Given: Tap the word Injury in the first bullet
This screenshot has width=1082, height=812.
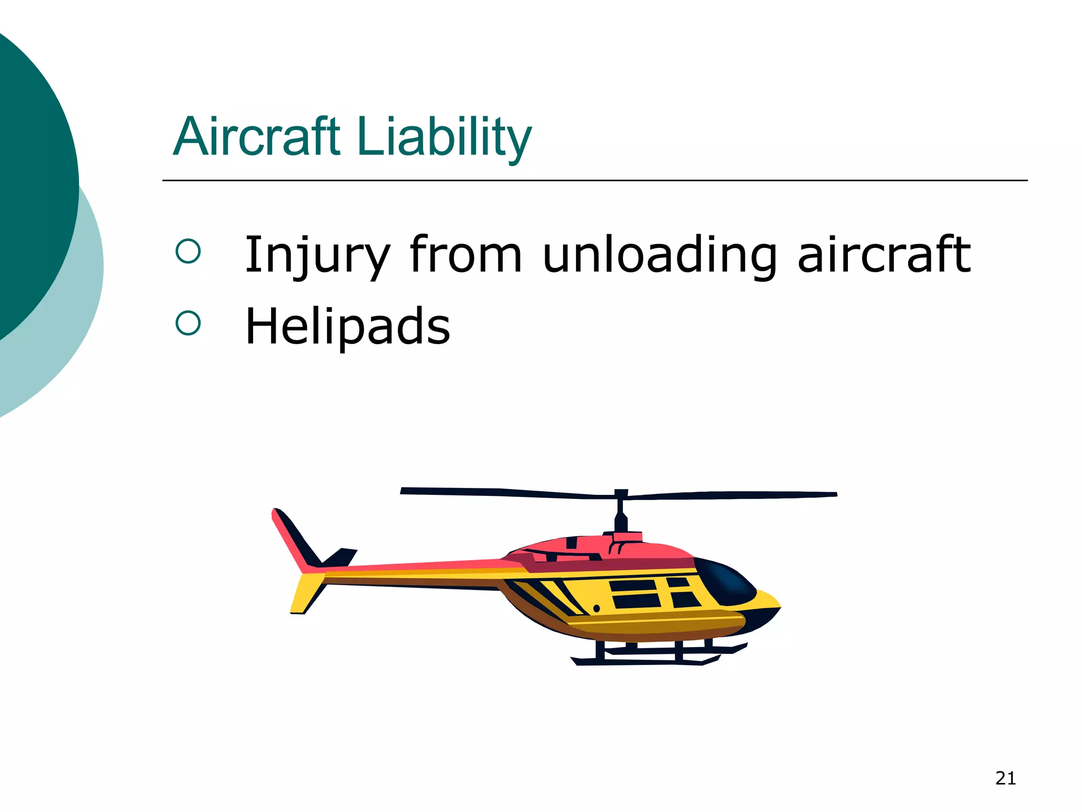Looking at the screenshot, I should [x=317, y=255].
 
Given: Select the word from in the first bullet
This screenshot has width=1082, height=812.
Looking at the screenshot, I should [x=466, y=255].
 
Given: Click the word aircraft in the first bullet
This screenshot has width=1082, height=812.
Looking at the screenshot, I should [x=883, y=255].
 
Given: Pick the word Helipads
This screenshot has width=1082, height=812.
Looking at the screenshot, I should [x=348, y=326].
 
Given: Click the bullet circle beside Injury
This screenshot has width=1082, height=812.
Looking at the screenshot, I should [x=188, y=251].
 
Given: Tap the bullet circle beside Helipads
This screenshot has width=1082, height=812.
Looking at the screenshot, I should [x=188, y=322].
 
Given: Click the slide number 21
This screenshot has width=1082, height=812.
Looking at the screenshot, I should [x=1005, y=778].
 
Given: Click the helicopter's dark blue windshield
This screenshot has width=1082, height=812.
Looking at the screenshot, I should [x=726, y=582].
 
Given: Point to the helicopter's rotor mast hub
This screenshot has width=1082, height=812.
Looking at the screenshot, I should [x=621, y=497].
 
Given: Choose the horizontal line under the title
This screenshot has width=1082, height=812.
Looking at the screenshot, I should [x=594, y=181].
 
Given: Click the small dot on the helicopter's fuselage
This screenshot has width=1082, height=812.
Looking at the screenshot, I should [x=596, y=608].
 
